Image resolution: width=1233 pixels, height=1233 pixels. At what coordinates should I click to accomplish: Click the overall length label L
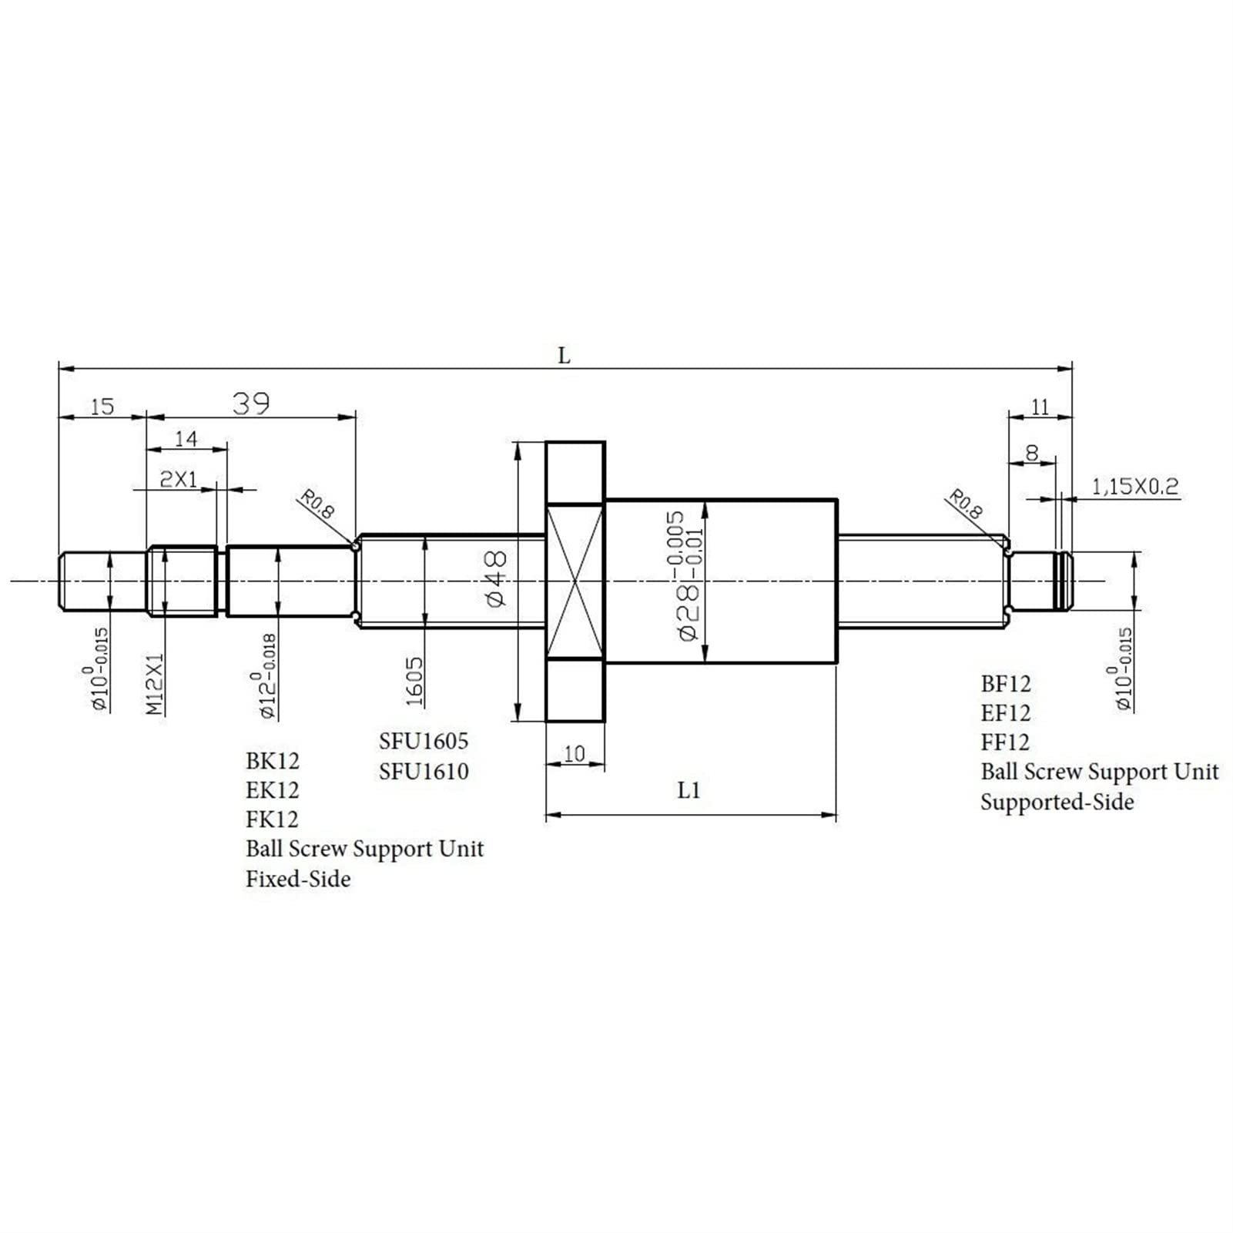[564, 356]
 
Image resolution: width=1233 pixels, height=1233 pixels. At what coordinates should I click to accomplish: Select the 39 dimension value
[251, 403]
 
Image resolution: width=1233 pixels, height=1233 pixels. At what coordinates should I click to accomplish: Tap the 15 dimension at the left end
[102, 406]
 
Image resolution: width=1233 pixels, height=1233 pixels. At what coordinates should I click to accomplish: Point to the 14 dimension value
[186, 438]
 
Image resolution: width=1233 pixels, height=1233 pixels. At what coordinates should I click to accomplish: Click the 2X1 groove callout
[178, 479]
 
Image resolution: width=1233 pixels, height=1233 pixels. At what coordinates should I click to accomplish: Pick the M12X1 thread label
[156, 684]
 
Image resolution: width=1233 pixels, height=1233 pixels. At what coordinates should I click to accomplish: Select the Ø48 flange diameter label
[496, 578]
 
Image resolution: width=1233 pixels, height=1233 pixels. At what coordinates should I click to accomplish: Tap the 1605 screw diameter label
[414, 682]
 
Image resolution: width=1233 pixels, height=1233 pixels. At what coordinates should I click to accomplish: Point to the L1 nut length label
[689, 790]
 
